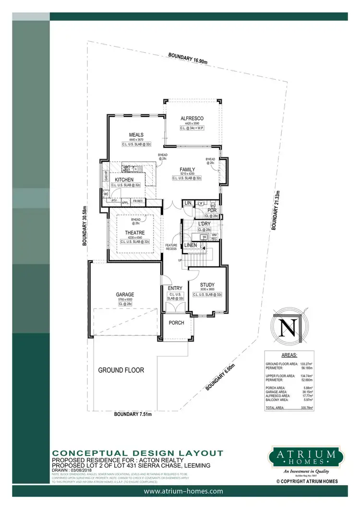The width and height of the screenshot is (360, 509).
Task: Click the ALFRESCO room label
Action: click(x=192, y=118)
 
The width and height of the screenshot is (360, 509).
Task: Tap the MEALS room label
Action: click(x=136, y=135)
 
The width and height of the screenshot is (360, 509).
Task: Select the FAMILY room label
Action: click(x=187, y=170)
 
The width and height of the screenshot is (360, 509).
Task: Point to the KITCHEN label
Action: click(x=124, y=180)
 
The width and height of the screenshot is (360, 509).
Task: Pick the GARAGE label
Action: click(x=124, y=295)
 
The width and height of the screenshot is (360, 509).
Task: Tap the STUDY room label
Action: click(x=208, y=284)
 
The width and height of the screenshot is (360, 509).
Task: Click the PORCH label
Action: click(x=177, y=323)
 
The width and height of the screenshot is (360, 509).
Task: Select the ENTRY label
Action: click(x=176, y=288)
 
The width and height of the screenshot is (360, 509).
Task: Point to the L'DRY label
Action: click(x=205, y=224)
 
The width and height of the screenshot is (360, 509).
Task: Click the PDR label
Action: click(x=212, y=210)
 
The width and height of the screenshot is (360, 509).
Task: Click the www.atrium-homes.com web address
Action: click(x=184, y=491)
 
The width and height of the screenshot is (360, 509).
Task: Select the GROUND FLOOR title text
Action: click(x=121, y=370)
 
